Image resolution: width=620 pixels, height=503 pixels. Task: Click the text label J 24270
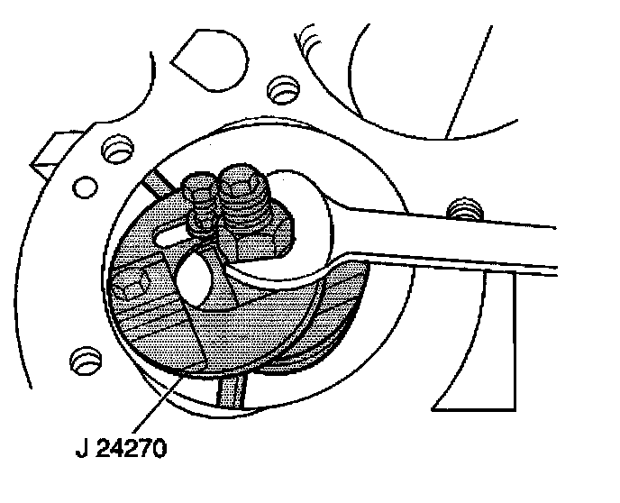click(121, 446)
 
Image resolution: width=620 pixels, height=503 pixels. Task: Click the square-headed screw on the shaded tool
click(131, 288)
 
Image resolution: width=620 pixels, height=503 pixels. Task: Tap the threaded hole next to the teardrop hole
click(284, 88)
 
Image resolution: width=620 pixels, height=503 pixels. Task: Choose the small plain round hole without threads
click(86, 187)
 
